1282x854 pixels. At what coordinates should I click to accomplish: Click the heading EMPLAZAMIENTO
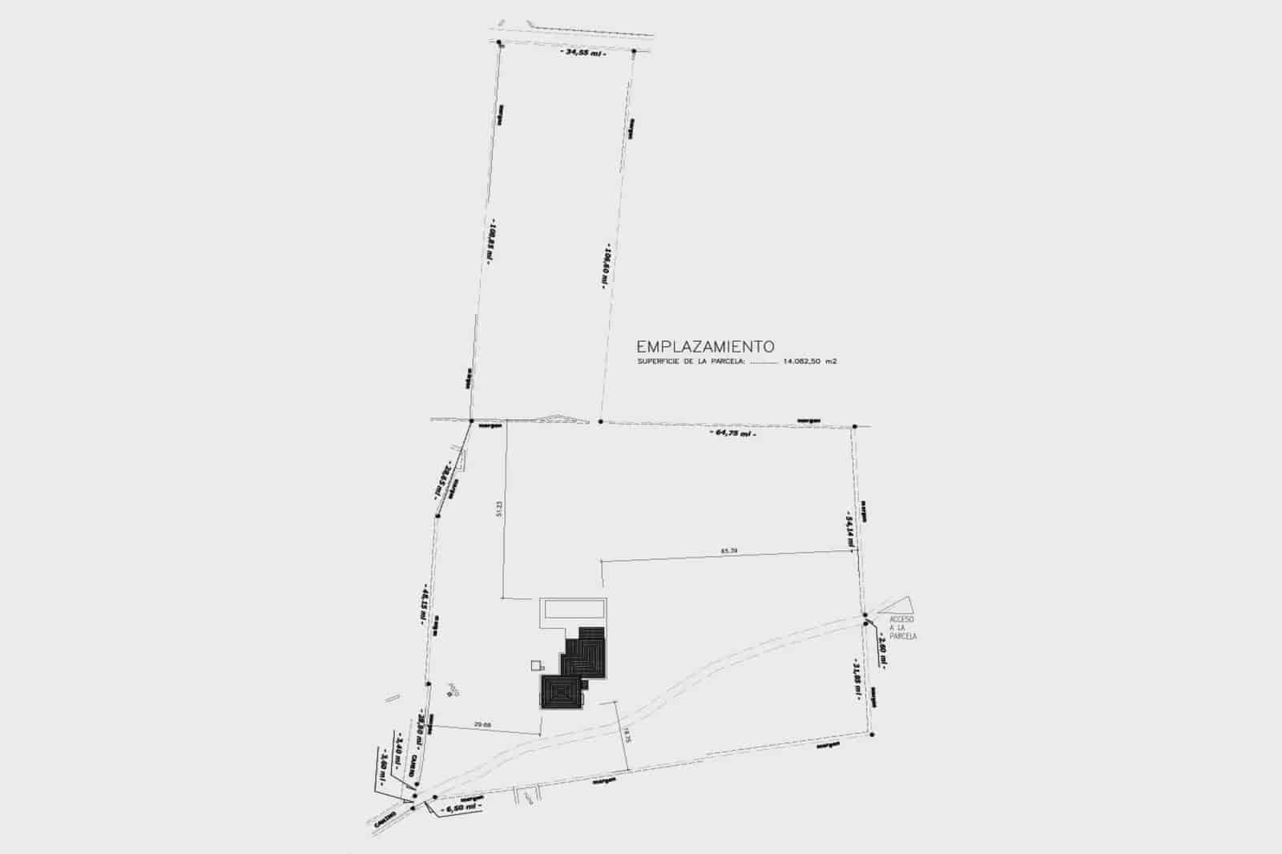705,347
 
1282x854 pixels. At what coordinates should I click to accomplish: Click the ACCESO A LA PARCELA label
902,628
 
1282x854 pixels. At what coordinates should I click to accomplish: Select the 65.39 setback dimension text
728,550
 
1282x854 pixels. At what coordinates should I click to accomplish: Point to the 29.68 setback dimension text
482,725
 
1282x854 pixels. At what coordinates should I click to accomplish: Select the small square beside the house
537,664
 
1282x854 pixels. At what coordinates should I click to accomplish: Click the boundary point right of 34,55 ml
634,51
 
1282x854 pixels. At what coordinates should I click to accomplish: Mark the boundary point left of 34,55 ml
498,42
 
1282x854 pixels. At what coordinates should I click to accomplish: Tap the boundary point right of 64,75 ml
855,426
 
